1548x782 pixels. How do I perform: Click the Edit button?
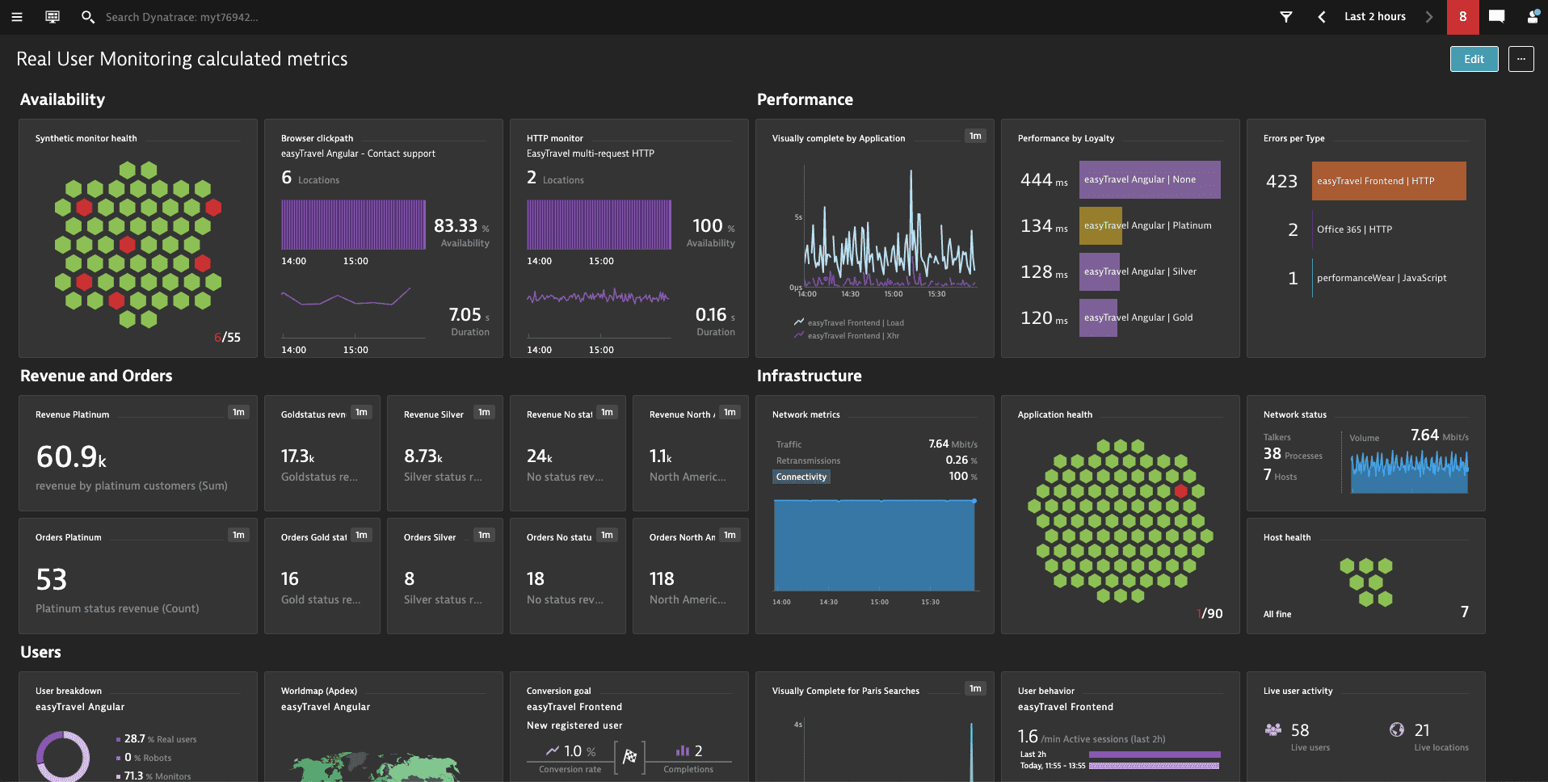[x=1474, y=59]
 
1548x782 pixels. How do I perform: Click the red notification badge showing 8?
[x=1462, y=17]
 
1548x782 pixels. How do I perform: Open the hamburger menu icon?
[x=16, y=17]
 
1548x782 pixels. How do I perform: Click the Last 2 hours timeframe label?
[x=1374, y=17]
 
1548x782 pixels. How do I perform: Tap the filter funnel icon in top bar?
[x=1286, y=17]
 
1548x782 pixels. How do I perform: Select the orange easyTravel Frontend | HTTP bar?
[x=1388, y=181]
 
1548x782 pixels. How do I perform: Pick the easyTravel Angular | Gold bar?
[x=1098, y=317]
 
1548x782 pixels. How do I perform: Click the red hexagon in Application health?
[x=1180, y=491]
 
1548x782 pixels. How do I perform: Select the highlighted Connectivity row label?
[x=801, y=477]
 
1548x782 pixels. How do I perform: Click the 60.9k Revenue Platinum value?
[x=71, y=457]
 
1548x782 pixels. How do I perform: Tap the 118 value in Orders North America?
[x=662, y=579]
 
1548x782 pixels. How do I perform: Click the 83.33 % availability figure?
[x=456, y=226]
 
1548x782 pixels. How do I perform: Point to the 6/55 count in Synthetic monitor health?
[x=227, y=338]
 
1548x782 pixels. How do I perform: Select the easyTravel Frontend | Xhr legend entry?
[x=852, y=336]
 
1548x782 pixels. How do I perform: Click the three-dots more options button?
[x=1521, y=59]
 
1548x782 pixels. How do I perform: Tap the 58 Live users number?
[x=1299, y=730]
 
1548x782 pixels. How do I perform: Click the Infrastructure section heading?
[x=809, y=376]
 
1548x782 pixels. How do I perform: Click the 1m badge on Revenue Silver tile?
[x=484, y=413]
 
